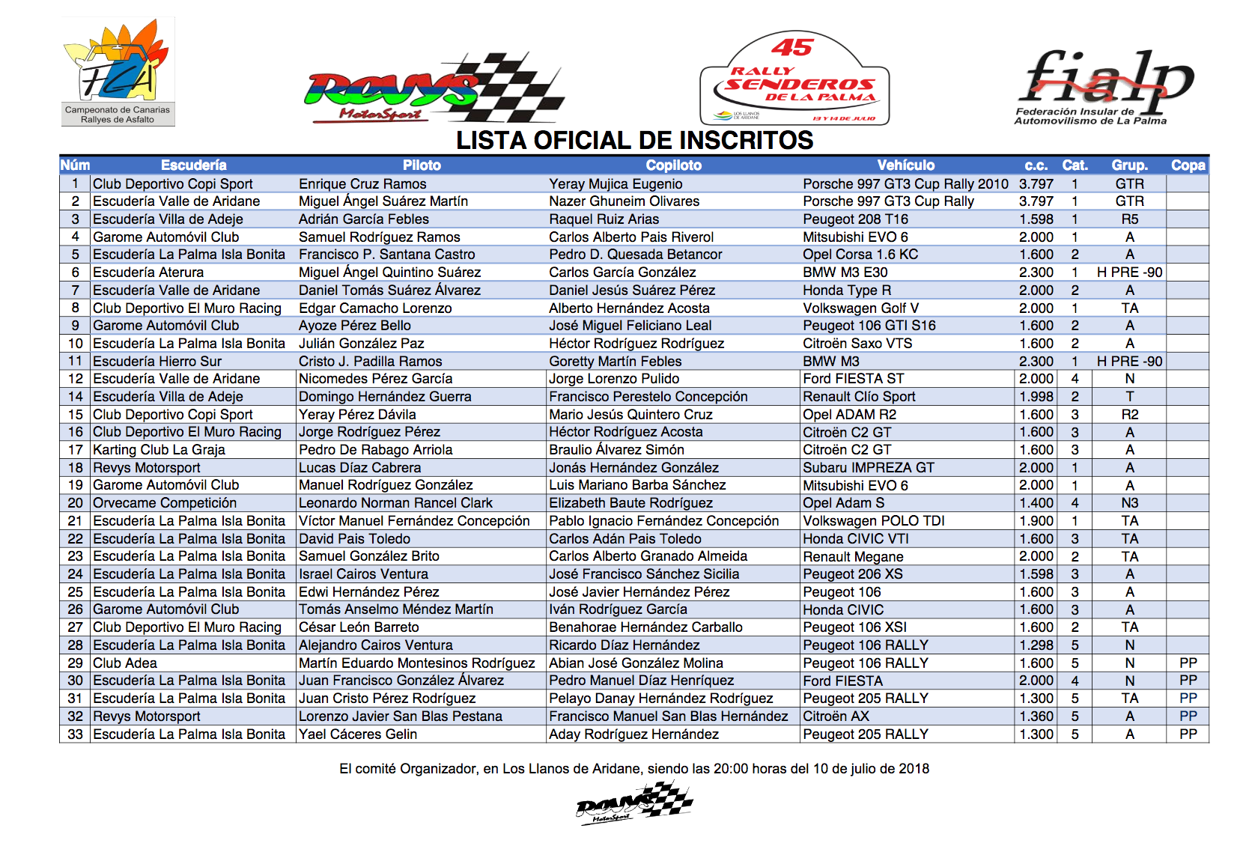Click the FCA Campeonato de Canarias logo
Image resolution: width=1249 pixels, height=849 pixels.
click(x=118, y=71)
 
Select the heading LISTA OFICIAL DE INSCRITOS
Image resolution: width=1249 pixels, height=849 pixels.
click(x=634, y=140)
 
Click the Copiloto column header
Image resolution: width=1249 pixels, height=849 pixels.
click(x=673, y=165)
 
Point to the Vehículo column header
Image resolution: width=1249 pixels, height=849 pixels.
click(x=905, y=165)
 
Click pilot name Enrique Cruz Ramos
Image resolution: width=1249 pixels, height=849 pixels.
click(x=362, y=184)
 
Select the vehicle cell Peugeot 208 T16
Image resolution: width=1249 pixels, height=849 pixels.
click(x=855, y=219)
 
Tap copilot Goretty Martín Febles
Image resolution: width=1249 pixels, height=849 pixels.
click(x=615, y=362)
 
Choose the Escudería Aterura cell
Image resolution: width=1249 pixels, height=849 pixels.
click(x=148, y=273)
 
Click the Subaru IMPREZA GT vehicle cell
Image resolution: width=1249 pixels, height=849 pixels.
click(x=869, y=468)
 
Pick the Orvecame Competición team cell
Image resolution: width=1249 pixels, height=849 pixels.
click(x=165, y=503)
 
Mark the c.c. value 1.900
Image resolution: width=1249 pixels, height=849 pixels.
click(x=1036, y=521)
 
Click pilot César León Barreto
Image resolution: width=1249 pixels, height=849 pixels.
click(x=359, y=627)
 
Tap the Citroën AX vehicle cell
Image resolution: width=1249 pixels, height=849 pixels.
click(x=836, y=716)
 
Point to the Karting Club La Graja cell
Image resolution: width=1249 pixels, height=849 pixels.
click(x=159, y=450)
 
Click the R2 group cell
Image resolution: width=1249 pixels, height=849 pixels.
click(x=1129, y=415)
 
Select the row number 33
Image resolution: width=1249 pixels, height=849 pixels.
click(x=75, y=734)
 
